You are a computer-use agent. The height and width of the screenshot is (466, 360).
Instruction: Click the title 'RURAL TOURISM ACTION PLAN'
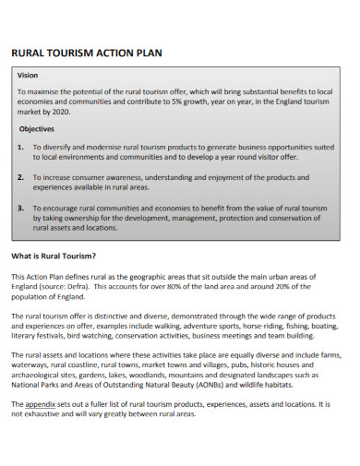(86, 53)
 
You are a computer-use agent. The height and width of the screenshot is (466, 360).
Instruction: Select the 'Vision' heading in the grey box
(28, 75)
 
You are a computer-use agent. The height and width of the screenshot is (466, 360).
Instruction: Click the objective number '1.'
(20, 147)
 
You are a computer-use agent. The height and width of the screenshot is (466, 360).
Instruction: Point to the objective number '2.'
(20, 176)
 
